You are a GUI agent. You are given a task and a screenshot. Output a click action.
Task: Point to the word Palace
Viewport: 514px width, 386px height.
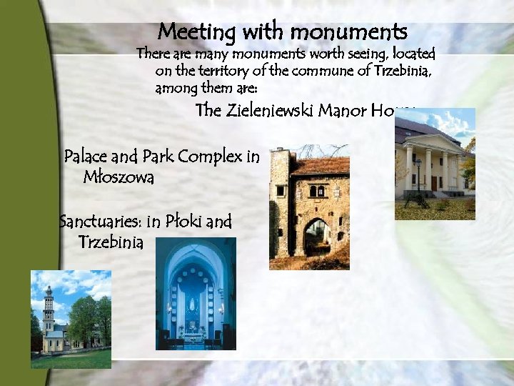(x=84, y=157)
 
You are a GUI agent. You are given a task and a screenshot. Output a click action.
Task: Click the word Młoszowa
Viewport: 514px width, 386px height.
(x=119, y=177)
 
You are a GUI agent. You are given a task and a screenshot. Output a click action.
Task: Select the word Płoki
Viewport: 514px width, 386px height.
(x=183, y=222)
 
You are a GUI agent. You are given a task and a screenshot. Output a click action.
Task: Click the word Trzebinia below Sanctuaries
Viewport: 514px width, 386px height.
(x=111, y=242)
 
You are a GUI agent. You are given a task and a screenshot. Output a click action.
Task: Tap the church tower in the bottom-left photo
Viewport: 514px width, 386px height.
(x=49, y=307)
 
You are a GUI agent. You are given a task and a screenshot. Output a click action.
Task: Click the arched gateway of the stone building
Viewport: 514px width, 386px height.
(x=315, y=237)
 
